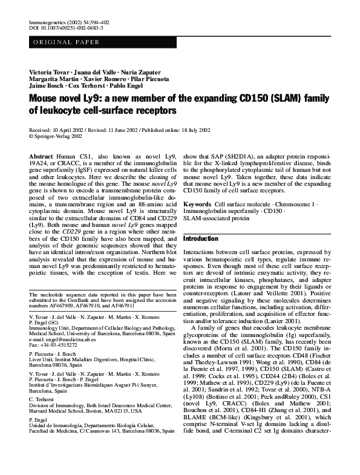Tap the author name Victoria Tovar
pos(48,72)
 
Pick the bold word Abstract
pos(42,156)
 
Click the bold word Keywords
pos(197,205)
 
